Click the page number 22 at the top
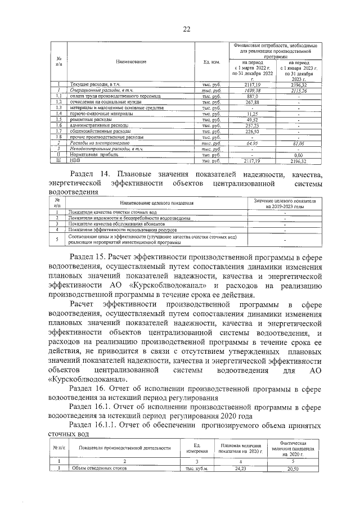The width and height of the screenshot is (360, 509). [186, 29]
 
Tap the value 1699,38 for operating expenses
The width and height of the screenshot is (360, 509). [256, 90]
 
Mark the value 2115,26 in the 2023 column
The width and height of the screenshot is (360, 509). [299, 90]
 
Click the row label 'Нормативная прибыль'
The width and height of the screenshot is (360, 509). [91, 155]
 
